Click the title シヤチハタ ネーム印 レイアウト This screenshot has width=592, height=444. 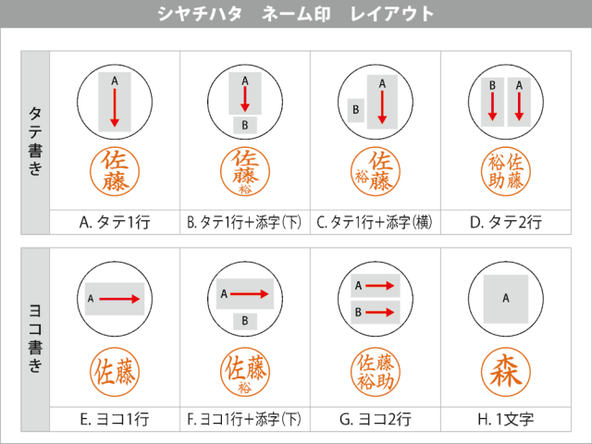click(x=296, y=14)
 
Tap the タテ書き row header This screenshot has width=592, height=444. click(x=35, y=142)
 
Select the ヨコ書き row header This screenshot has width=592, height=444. click(x=35, y=339)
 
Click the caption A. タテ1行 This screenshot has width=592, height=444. click(x=115, y=222)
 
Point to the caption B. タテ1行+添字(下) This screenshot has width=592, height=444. click(x=244, y=222)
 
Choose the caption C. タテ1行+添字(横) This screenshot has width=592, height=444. click(x=375, y=222)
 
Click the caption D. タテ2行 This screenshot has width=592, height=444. click(x=506, y=222)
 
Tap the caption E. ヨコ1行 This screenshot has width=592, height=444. click(x=115, y=419)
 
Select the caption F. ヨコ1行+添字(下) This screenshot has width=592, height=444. click(x=244, y=419)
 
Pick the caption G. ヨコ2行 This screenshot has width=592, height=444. click(x=375, y=419)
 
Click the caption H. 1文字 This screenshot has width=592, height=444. click(x=506, y=419)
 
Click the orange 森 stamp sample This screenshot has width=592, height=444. click(x=506, y=372)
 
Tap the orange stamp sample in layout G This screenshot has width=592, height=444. click(x=376, y=372)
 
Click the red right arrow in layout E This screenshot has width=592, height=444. click(x=119, y=299)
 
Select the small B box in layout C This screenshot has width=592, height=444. click(x=355, y=110)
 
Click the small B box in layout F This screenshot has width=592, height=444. click(x=245, y=321)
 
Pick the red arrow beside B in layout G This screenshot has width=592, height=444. click(x=380, y=313)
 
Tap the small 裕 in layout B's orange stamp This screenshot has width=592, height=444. click(x=245, y=189)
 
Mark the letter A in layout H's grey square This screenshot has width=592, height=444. click(x=506, y=298)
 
